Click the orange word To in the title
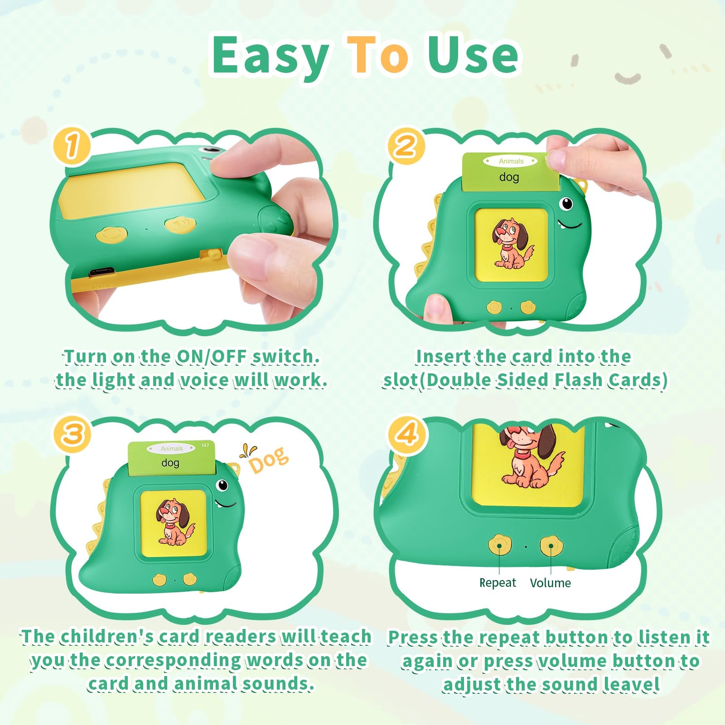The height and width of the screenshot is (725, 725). pos(377,55)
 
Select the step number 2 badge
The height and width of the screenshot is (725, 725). pos(406,146)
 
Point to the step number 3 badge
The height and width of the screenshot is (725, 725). pos(72,434)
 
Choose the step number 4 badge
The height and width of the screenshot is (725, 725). pos(406,434)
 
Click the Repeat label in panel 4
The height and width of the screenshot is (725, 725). pos(498,583)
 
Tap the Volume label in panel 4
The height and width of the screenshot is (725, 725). pos(551,583)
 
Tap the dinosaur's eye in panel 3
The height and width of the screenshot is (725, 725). pos(222,485)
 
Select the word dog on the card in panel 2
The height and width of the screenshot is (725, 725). pos(509,177)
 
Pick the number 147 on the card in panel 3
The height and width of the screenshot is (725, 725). pos(205,445)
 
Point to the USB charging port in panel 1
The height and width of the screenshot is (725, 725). pos(101,272)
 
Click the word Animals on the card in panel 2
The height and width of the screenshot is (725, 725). pos(511,161)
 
